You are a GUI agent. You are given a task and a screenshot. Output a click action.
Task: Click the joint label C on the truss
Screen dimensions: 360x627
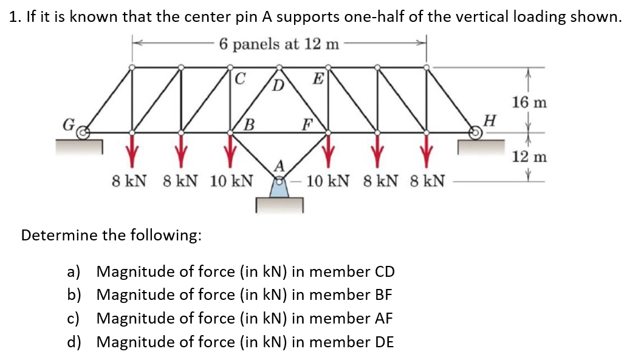240,78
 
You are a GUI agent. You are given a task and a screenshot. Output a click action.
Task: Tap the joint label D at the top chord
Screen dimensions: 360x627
278,83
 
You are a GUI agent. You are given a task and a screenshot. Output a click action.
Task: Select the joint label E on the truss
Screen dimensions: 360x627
317,77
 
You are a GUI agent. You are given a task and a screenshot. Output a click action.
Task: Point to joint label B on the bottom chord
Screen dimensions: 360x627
248,126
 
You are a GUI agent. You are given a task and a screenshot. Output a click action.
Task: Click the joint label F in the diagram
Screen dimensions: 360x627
308,126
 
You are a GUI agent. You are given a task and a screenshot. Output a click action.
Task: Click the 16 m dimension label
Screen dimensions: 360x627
529,102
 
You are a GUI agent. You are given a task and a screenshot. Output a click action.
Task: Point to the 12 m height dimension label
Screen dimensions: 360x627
529,157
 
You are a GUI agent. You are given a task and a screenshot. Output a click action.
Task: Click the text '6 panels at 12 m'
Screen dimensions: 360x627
279,44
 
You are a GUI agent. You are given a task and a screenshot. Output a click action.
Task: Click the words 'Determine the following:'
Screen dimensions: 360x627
111,235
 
